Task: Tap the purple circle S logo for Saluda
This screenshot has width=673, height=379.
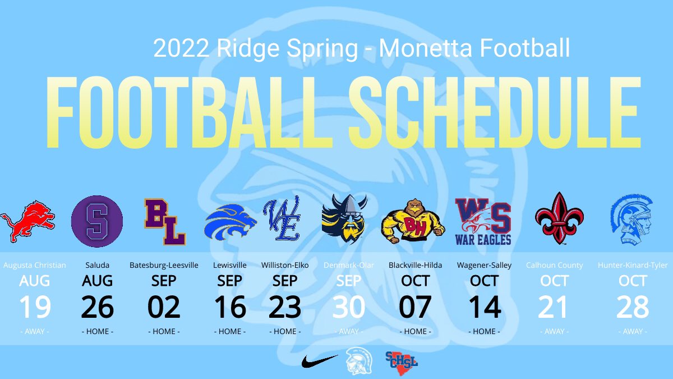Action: click(97, 221)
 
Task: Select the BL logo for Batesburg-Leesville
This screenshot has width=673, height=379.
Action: click(164, 222)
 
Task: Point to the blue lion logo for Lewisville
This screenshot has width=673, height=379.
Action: click(230, 221)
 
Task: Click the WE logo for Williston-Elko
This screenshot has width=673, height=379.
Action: click(285, 221)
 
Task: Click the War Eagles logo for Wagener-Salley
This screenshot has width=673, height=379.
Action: click(483, 221)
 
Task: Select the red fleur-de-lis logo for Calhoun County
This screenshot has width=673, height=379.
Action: click(559, 219)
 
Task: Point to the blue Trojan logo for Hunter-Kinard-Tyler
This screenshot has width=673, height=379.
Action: click(632, 220)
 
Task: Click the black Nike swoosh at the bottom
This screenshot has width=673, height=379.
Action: click(319, 360)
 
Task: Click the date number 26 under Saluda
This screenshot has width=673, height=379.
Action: click(97, 307)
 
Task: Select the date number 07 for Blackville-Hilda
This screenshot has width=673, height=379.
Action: click(415, 307)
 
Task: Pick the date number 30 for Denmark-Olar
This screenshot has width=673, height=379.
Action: click(348, 307)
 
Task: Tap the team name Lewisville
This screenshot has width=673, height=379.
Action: click(230, 265)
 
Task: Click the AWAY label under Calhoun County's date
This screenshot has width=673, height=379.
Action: click(554, 331)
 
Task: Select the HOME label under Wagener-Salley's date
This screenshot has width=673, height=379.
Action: click(484, 331)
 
